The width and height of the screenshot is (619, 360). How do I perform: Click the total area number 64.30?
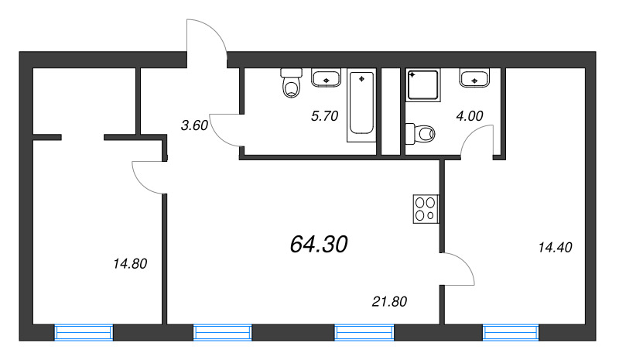(x=319, y=245)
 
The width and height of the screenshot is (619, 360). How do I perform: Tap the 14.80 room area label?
(x=129, y=263)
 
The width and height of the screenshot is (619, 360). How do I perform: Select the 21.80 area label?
(x=388, y=300)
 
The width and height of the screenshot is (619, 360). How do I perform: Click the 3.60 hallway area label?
(x=193, y=125)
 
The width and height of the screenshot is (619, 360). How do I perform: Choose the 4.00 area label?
(x=470, y=115)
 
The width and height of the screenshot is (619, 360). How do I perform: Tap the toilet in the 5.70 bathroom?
(x=291, y=85)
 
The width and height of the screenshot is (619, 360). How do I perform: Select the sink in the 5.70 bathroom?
(x=327, y=77)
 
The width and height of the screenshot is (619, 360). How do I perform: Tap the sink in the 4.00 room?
(x=473, y=77)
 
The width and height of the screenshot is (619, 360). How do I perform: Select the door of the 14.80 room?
(x=149, y=177)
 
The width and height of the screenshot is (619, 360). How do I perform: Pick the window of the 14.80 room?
(x=84, y=333)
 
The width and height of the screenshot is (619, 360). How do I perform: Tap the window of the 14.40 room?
(x=511, y=333)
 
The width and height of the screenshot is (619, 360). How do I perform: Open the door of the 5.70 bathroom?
(x=225, y=129)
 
